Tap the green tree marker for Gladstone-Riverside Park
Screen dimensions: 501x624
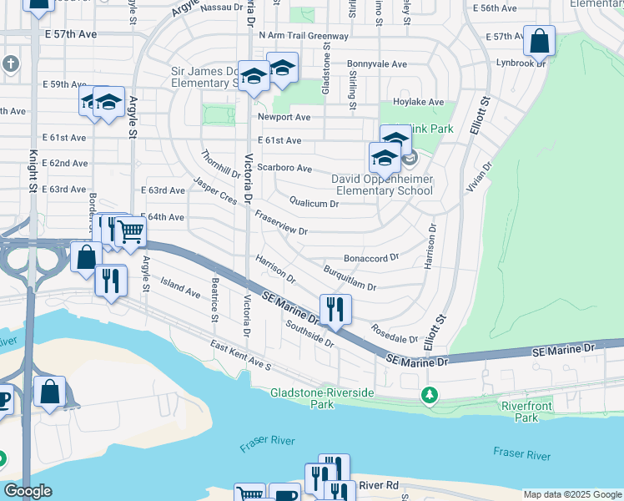point(430,394)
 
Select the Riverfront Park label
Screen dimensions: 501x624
point(521,412)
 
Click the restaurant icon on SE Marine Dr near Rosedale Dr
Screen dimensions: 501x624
point(335,309)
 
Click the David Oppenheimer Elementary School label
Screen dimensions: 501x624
point(382,185)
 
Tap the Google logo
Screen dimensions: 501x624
point(28,491)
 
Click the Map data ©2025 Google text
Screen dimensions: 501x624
point(572,493)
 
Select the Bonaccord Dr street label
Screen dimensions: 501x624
point(371,259)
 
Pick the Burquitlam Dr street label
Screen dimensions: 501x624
point(350,280)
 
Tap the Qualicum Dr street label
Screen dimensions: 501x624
point(314,202)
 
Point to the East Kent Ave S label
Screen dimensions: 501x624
point(241,355)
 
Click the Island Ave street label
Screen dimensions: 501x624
point(181,288)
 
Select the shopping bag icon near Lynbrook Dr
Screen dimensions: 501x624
point(539,40)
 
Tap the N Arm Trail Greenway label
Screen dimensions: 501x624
point(304,36)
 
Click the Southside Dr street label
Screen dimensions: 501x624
point(309,335)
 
